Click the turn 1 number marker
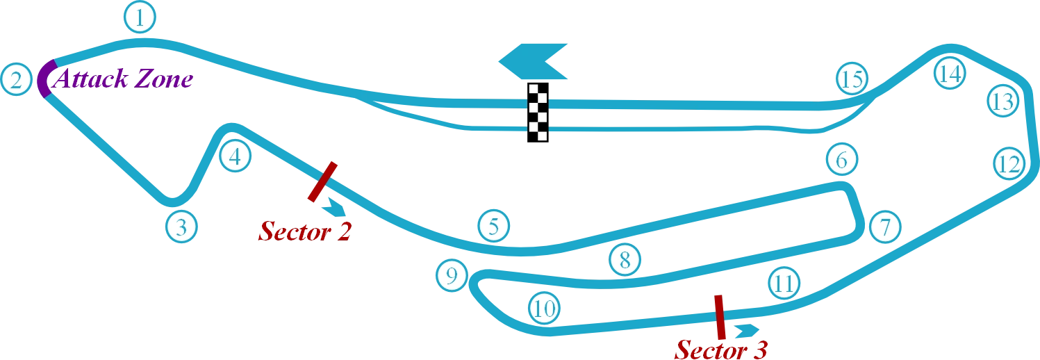coord(140,19)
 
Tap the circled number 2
coord(17,80)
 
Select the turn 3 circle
coord(181,227)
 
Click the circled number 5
coord(493,227)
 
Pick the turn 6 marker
coord(841,161)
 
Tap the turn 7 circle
coord(884,227)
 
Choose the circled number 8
coord(625,260)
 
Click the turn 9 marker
coord(452,277)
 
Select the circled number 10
coord(544,308)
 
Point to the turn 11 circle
coord(783,283)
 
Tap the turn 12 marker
coord(1007,165)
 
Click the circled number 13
coord(1002,101)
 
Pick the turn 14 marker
coord(949,73)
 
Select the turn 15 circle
coord(851,79)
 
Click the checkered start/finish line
coord(536,113)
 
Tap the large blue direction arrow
coord(534,61)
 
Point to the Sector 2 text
coord(306,232)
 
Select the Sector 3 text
coord(723,350)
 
